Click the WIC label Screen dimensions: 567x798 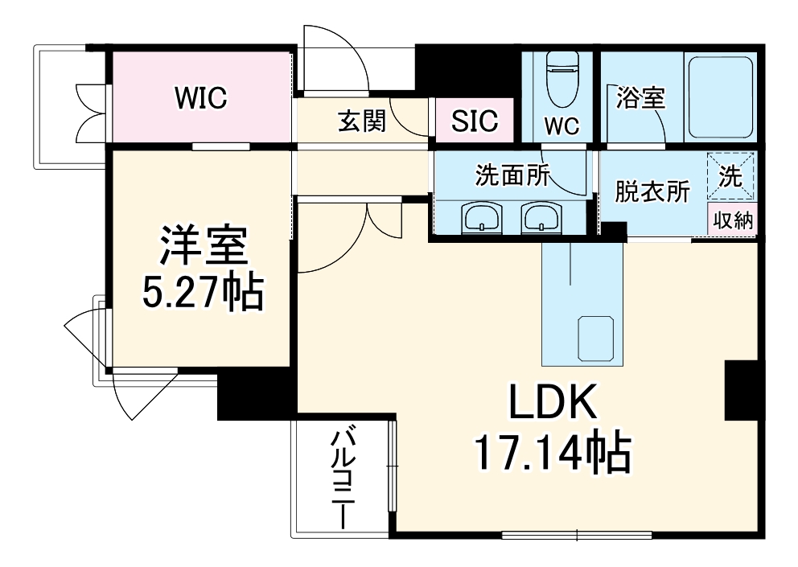(x=202, y=98)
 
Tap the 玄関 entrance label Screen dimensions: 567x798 (x=361, y=121)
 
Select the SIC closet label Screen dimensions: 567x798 (x=475, y=121)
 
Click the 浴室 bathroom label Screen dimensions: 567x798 (x=640, y=98)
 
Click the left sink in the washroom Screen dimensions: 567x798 (x=482, y=216)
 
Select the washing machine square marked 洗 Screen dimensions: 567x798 (x=730, y=176)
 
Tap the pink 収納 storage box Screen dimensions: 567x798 (x=732, y=220)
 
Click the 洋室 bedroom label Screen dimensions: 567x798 (x=203, y=248)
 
